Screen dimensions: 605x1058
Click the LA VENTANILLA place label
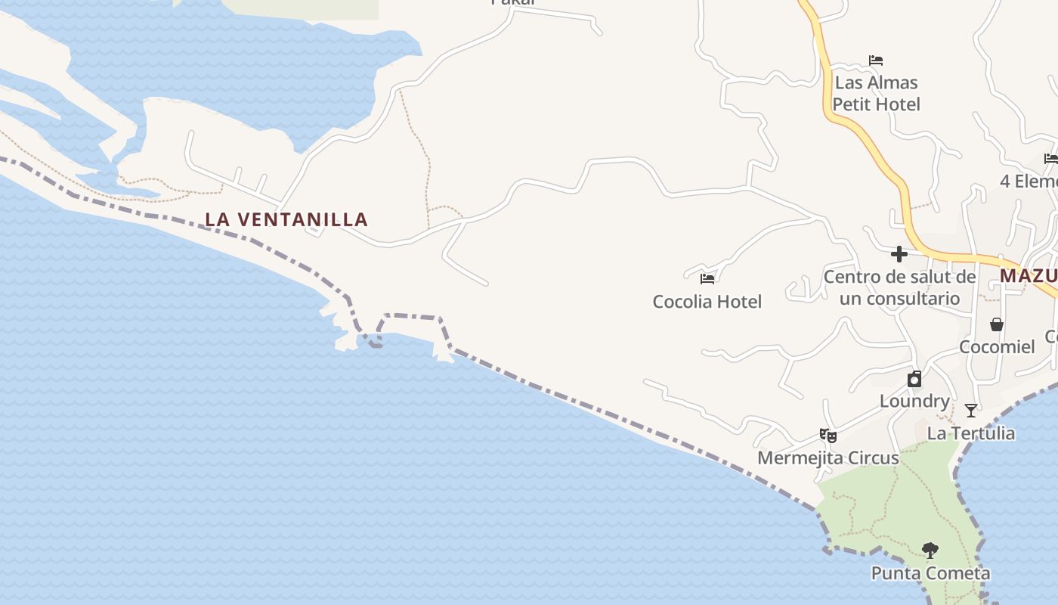(286, 220)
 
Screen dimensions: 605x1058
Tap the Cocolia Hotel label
(707, 302)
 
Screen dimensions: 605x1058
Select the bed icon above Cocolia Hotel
(707, 279)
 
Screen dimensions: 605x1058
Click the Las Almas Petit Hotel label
(876, 93)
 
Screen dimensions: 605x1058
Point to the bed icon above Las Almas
(876, 60)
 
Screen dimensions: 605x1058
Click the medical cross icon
(899, 253)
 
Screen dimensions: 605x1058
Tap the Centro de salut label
(899, 287)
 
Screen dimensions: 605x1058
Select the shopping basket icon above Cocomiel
(997, 324)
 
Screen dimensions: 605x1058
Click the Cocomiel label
(997, 347)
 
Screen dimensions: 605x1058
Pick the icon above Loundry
(914, 379)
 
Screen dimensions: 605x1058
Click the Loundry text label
(914, 401)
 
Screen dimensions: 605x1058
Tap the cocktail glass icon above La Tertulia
(971, 411)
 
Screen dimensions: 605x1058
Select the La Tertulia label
(971, 433)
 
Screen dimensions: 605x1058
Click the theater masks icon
(828, 436)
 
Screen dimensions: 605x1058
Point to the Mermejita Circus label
(828, 458)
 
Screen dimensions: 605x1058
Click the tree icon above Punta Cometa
(930, 551)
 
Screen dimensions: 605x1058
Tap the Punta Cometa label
(930, 573)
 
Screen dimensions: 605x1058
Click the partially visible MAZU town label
(1028, 276)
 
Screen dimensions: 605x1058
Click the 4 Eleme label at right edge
(1028, 181)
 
